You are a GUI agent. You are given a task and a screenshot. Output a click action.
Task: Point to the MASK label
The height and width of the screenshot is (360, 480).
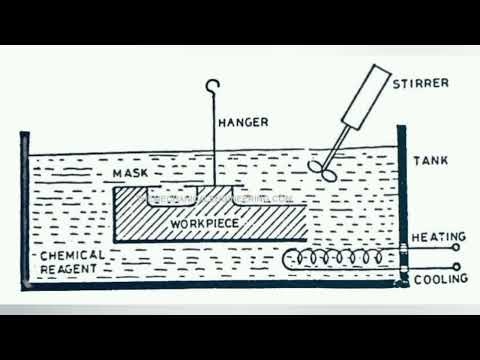coord(131,175)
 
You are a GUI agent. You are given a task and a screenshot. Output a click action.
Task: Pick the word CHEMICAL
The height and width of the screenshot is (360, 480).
coord(70,256)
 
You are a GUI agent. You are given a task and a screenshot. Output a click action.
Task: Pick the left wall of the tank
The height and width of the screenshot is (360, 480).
coord(24,210)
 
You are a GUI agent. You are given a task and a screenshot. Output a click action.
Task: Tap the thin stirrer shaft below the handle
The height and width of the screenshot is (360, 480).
coord(337,142)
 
